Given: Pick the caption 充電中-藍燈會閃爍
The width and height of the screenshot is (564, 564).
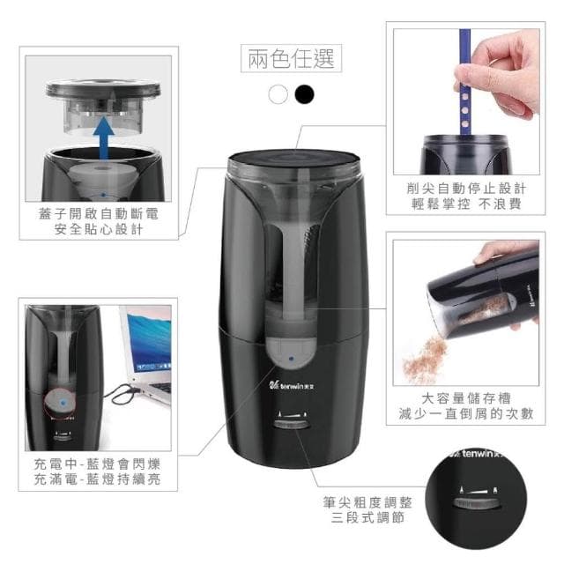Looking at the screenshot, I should (99, 463).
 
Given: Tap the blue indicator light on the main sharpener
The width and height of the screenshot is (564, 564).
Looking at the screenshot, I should (289, 360).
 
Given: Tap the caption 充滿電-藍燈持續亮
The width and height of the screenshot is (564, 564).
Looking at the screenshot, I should (99, 480).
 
